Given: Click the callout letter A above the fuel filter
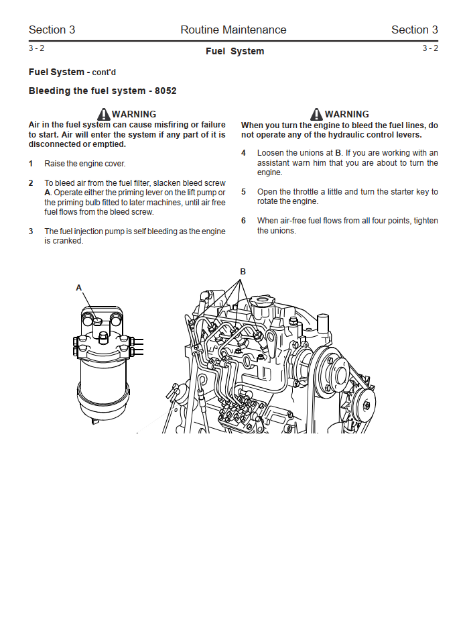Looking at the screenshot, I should click(79, 287).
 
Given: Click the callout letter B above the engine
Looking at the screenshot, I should click(243, 271).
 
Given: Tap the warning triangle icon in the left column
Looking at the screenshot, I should click(103, 114).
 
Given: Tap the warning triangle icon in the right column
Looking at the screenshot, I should click(316, 114).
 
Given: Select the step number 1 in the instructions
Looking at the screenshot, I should click(31, 164).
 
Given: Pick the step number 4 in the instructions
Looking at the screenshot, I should click(244, 153).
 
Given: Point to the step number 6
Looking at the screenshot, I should click(244, 221).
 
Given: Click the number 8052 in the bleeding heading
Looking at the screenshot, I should click(165, 91).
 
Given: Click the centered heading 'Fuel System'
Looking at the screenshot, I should click(235, 51).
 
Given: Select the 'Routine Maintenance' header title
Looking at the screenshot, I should click(233, 30).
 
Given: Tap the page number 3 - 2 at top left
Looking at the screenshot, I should click(36, 48).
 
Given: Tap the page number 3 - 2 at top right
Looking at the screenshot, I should click(430, 48).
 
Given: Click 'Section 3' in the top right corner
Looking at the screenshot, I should click(414, 30).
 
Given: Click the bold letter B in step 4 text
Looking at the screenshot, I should click(338, 153).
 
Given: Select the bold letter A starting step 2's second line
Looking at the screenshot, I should click(48, 193).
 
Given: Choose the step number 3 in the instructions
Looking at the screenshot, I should click(31, 231).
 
